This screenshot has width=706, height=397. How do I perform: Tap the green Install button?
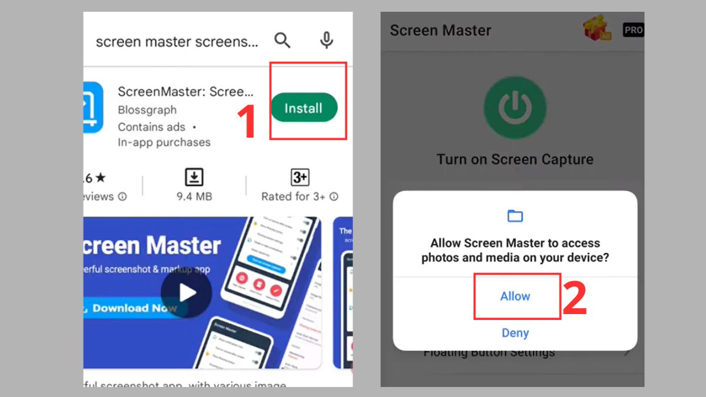(x=304, y=108)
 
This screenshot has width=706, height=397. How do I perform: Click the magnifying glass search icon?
(x=282, y=41)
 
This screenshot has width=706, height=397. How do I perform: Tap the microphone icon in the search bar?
(x=327, y=41)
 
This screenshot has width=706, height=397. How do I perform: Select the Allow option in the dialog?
(x=515, y=296)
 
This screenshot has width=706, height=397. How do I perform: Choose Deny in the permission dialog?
(x=515, y=333)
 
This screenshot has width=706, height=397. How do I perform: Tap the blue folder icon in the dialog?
(x=515, y=216)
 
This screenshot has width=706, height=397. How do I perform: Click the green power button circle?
(x=515, y=108)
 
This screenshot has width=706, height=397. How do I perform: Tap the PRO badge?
(x=633, y=30)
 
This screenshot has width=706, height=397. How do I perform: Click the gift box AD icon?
(x=598, y=29)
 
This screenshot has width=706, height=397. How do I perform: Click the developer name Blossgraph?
(x=147, y=110)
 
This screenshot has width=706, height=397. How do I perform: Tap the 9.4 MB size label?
(x=194, y=196)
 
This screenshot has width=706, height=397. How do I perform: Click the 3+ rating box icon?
(x=300, y=177)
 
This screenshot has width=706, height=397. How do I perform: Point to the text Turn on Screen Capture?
(x=515, y=159)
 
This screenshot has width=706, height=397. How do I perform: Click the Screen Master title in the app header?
(x=440, y=31)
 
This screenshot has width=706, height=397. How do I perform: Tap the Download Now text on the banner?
(x=134, y=308)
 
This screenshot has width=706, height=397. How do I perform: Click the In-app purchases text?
(x=164, y=142)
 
